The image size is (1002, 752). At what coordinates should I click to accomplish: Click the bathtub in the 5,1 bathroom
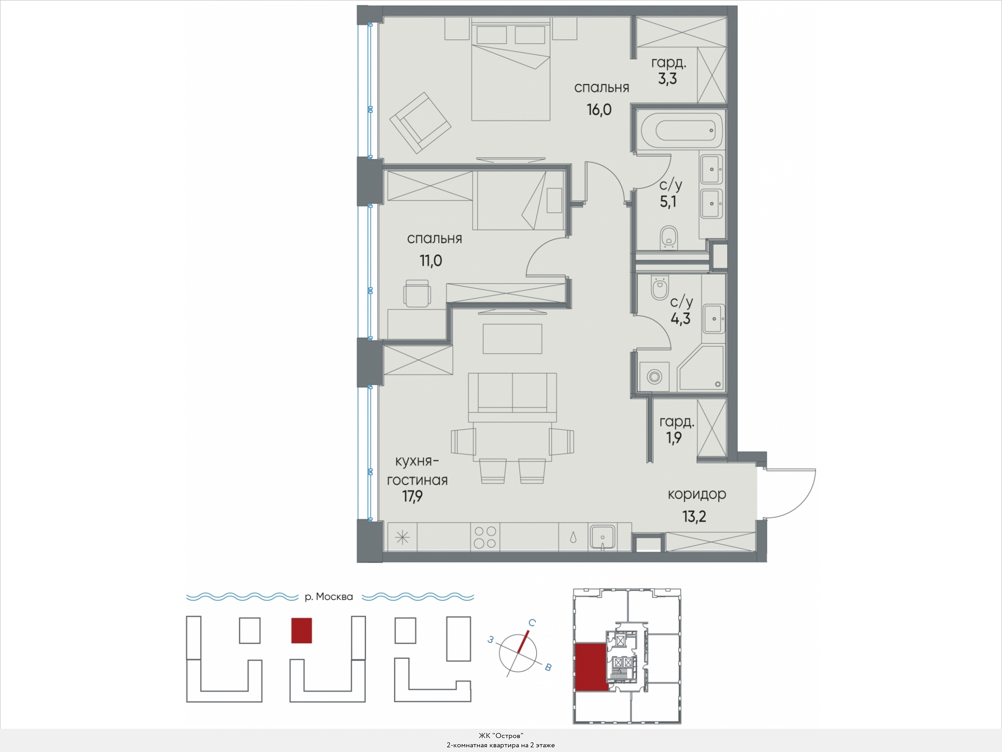tap(680, 131)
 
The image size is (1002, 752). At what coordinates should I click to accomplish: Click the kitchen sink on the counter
tap(603, 537)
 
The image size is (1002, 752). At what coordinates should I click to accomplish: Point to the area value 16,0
tap(599, 110)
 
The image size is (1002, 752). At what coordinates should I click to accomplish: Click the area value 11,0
tap(431, 261)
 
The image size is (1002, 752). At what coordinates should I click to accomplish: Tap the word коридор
tap(697, 495)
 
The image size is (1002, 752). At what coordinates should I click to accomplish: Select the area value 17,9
tap(412, 497)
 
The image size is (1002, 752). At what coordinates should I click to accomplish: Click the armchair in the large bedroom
tap(420, 123)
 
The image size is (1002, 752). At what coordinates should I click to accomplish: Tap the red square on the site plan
tap(302, 630)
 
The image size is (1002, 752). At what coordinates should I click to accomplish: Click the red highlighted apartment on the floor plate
tap(590, 667)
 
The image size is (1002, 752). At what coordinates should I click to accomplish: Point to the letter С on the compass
tap(533, 623)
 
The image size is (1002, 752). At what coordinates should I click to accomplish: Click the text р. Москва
tap(329, 597)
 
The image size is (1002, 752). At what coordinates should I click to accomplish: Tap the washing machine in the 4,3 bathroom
tap(654, 376)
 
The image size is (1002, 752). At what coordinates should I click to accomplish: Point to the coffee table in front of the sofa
tap(512, 339)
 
